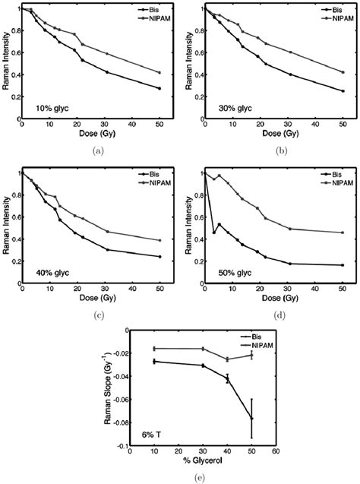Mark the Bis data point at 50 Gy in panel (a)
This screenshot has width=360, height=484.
(158, 88)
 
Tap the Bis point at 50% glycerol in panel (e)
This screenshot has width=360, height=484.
(251, 419)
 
